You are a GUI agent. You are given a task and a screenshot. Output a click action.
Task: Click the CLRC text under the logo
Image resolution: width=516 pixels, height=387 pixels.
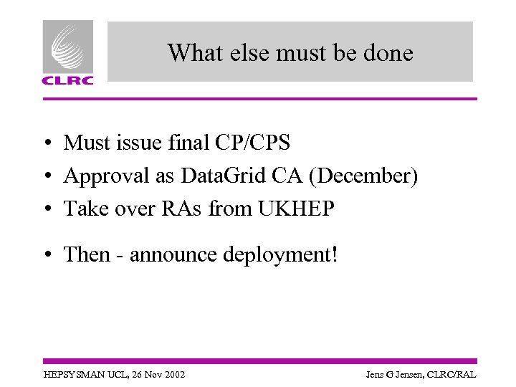[x=67, y=80]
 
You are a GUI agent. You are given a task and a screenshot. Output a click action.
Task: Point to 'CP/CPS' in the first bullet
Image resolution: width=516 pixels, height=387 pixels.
[x=252, y=143]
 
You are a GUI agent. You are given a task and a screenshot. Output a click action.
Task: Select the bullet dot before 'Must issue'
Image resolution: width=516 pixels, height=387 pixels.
[x=44, y=144]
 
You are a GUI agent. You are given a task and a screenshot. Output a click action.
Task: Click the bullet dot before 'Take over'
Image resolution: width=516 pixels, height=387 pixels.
[x=44, y=209]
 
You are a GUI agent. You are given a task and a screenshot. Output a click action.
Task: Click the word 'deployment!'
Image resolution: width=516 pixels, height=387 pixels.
[x=279, y=254]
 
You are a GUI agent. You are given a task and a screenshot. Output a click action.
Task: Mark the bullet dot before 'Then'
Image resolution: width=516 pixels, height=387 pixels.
[x=44, y=255]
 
